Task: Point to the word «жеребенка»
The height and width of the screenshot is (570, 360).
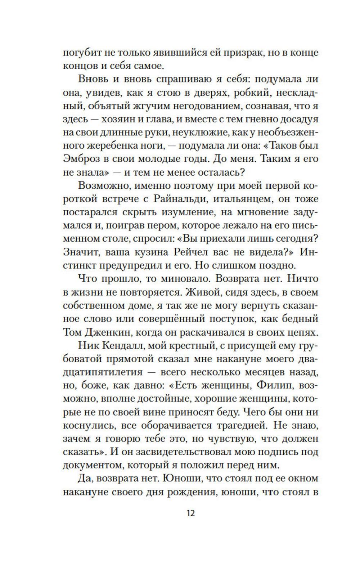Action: pos(112,145)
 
